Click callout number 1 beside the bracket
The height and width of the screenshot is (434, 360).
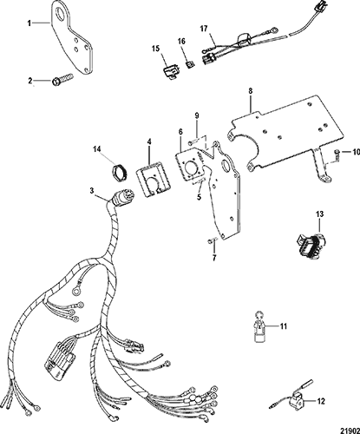pos(29,23)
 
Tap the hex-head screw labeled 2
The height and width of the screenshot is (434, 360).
pos(62,79)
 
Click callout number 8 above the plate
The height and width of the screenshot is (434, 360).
pos(251,91)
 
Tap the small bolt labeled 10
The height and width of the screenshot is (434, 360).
pos(337,155)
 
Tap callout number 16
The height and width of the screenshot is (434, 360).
pos(181,42)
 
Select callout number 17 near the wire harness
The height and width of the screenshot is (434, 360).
pos(204,29)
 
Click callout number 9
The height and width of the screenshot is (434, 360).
pos(197,115)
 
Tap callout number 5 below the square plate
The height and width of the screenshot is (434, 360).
pos(200,197)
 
